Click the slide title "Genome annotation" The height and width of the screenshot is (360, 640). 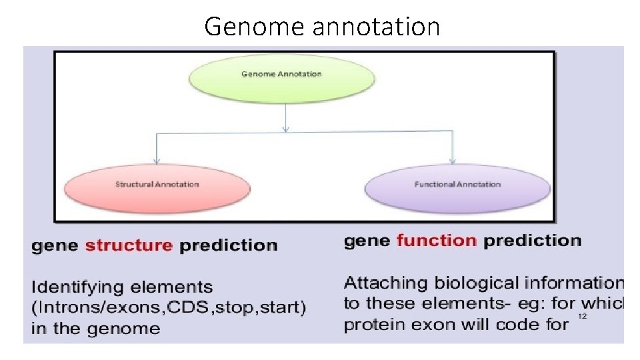point(322,27)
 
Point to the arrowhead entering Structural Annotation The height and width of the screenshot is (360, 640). point(156,160)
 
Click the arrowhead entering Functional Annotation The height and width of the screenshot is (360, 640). point(453,160)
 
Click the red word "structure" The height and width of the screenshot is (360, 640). point(129,245)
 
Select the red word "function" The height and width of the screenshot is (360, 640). point(437,241)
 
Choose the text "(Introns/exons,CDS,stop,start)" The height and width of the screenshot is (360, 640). point(169,308)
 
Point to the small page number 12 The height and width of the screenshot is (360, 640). point(582,317)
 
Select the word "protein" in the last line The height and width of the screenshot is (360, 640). point(369,325)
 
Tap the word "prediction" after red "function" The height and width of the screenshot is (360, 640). point(532,241)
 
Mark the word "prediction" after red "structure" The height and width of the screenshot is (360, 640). point(228,245)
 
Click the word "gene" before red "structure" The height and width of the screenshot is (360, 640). point(55,245)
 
